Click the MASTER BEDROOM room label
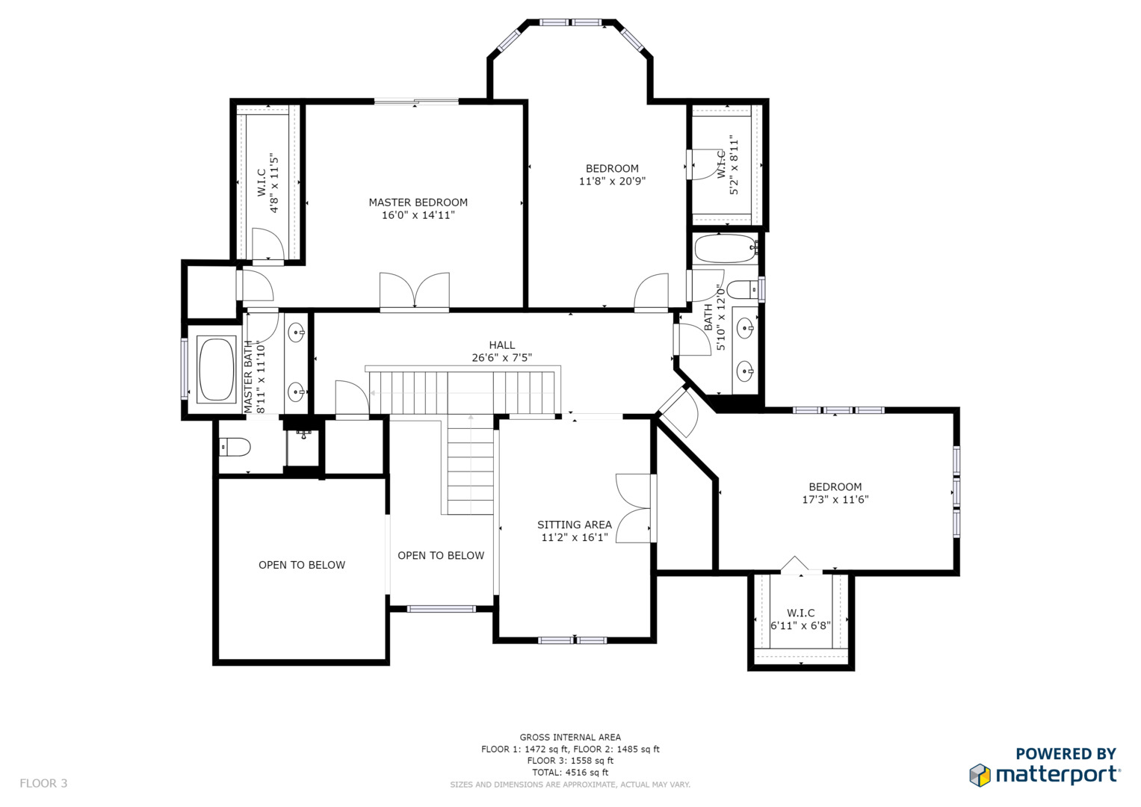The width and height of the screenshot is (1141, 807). [418, 202]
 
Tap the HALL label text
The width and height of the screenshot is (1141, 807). [501, 345]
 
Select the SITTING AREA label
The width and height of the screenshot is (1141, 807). [575, 525]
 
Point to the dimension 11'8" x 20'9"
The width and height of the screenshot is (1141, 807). [612, 181]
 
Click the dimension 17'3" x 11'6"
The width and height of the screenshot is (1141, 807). [835, 499]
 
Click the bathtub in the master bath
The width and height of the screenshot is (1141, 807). [217, 370]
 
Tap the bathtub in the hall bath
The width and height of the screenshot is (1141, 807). [726, 249]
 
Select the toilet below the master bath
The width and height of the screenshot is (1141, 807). [235, 448]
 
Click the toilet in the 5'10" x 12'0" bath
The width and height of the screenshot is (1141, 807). [742, 290]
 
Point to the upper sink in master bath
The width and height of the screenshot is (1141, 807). [297, 333]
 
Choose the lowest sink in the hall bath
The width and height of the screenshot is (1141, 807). [745, 371]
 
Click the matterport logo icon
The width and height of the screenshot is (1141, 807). [980, 775]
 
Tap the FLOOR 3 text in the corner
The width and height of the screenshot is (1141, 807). [43, 783]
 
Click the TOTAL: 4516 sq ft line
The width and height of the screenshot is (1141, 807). [571, 773]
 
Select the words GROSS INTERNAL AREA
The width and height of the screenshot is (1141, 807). [571, 738]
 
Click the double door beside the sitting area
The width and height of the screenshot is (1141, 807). [634, 508]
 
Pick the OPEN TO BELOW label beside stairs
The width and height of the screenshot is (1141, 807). [441, 555]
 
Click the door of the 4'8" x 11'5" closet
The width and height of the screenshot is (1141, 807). [268, 246]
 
